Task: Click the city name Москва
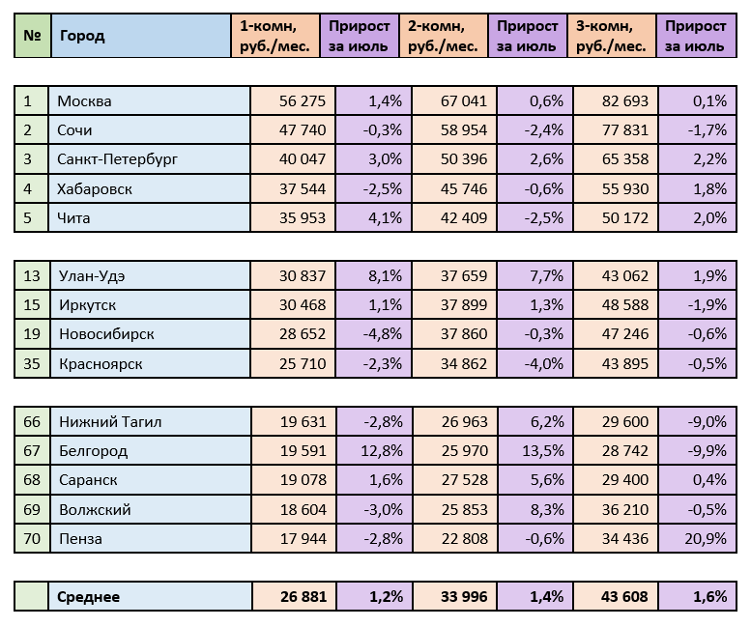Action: coord(85,101)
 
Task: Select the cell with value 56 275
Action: coord(303,101)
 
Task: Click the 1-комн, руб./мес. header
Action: coord(274,37)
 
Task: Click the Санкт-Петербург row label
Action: coord(117,159)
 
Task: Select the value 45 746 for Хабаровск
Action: coord(464,188)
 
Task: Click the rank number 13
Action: coord(32,276)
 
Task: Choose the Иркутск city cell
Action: coord(88,305)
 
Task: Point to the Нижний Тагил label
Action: coord(111,421)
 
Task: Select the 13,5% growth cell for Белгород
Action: coord(534,450)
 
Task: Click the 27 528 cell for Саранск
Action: coord(464,480)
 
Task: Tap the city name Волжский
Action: coord(95,509)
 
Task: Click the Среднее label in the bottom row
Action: coord(89,597)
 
